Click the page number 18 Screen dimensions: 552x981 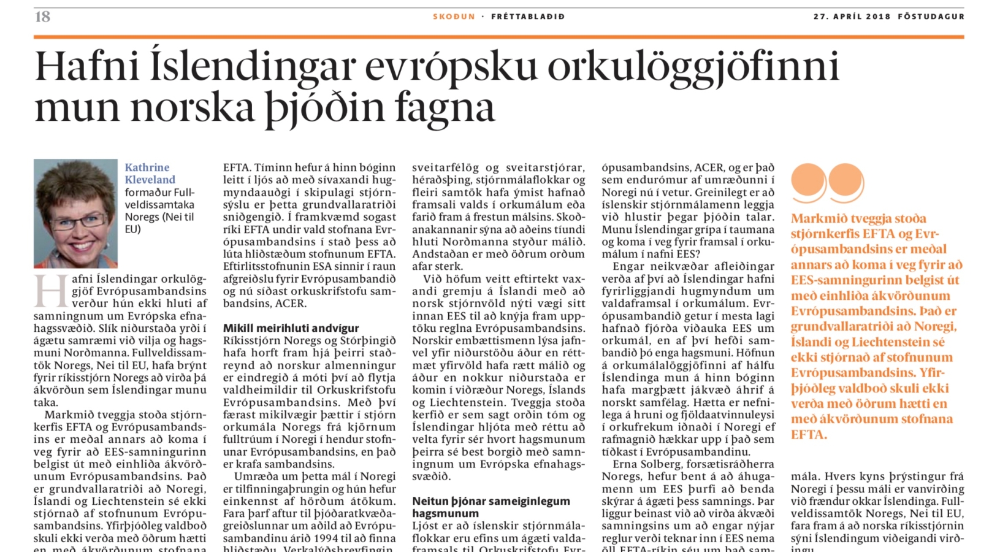pos(42,17)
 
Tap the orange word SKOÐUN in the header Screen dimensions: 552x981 pos(454,17)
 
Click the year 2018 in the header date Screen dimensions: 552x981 pos(878,17)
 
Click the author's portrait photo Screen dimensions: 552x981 pos(75,213)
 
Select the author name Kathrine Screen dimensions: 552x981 pos(147,167)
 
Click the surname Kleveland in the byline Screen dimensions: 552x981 pos(150,180)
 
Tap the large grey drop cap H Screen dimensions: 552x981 pos(51,291)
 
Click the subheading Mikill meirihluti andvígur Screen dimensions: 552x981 pos(291,328)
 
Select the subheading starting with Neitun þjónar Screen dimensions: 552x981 pos(490,507)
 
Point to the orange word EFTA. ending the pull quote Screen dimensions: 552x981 pos(809,435)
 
